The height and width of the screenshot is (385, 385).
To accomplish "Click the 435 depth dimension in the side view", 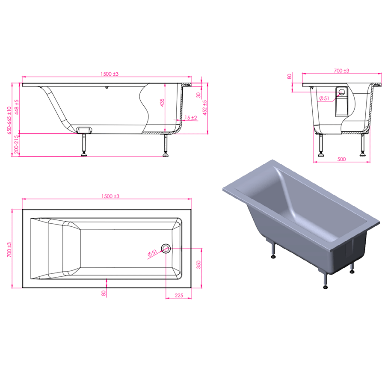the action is pyautogui.click(x=162, y=103).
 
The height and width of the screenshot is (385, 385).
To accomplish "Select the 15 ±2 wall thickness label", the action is pyautogui.click(x=191, y=118).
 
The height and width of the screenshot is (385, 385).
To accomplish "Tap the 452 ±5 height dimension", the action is pyautogui.click(x=204, y=108).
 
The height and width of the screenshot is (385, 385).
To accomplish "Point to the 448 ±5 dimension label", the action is pyautogui.click(x=16, y=107).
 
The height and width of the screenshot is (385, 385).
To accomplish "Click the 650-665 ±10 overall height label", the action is pyautogui.click(x=9, y=120).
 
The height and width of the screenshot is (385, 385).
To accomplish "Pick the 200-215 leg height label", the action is pyautogui.click(x=16, y=145).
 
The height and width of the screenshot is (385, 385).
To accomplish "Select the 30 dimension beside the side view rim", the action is pyautogui.click(x=198, y=95).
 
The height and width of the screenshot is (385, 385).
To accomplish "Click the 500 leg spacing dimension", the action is pyautogui.click(x=341, y=159).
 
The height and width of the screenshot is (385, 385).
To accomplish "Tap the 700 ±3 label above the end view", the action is pyautogui.click(x=341, y=71).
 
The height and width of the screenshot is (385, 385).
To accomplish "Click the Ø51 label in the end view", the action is pyautogui.click(x=324, y=98).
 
